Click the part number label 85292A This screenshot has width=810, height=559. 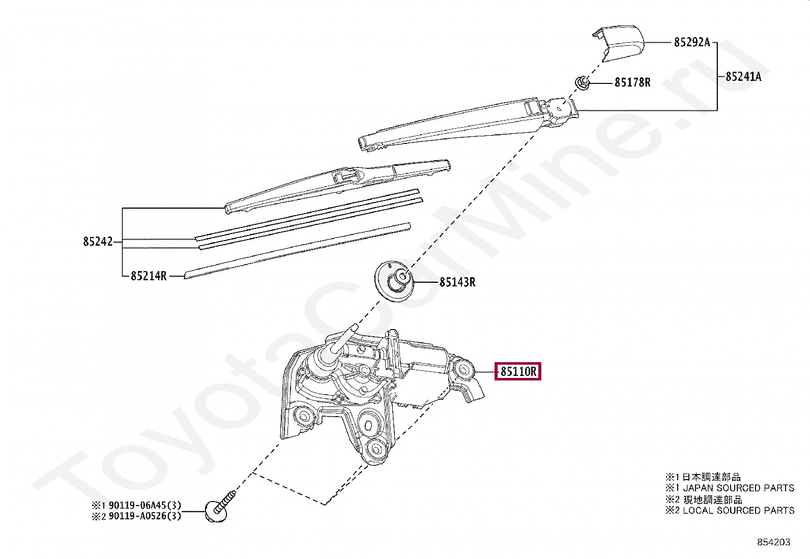coord(692,43)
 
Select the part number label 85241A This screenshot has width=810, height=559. coord(743,77)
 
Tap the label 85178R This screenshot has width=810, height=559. coord(632,82)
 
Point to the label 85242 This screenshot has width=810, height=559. coord(98,241)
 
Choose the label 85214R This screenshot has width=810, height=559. coord(149,276)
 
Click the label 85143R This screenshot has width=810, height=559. coord(457,282)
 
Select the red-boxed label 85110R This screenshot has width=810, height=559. coord(518,371)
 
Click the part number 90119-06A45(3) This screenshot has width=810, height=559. coord(144,505)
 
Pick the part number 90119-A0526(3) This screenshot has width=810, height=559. coord(144,516)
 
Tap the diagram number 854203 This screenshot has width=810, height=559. coord(774,542)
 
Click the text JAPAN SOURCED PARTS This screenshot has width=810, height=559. coord(738,488)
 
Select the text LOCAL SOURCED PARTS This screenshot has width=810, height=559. coord(738,510)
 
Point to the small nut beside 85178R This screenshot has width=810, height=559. coord(583,83)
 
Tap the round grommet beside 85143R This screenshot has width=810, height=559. coord(394,281)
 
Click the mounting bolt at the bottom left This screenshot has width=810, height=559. coord(219,507)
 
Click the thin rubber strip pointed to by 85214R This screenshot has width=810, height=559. coord(297,251)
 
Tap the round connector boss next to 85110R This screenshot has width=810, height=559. coord(463,370)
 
